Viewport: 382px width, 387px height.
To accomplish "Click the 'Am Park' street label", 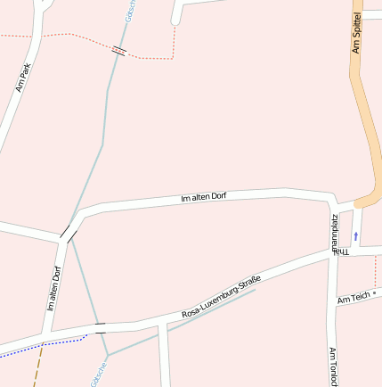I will click(x=23, y=78).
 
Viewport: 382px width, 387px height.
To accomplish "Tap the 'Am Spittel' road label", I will click(x=357, y=32).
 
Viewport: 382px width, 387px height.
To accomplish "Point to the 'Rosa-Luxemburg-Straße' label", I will click(x=221, y=298).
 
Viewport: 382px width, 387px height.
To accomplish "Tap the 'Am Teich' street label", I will click(x=353, y=298).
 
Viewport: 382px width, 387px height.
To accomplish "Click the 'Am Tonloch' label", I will click(x=333, y=366).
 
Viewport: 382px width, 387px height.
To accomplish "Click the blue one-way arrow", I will click(x=356, y=236).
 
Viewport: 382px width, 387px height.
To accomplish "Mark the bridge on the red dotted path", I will click(x=118, y=50).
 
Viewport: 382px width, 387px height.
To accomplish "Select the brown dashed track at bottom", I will click(x=38, y=366).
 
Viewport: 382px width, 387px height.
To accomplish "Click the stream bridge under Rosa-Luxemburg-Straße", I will click(x=100, y=326).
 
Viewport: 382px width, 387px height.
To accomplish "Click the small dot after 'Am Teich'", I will click(x=375, y=292).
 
